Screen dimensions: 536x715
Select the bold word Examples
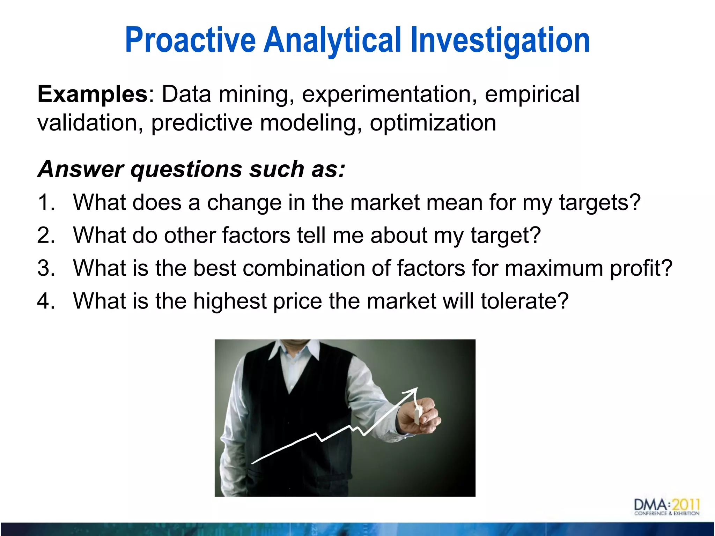tap(93, 94)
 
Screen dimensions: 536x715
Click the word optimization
tap(433, 123)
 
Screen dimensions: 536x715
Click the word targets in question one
tap(599, 202)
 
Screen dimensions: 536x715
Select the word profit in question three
tap(641, 268)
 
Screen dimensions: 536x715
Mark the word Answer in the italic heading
tap(80, 169)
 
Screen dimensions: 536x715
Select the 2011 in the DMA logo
tap(686, 505)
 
